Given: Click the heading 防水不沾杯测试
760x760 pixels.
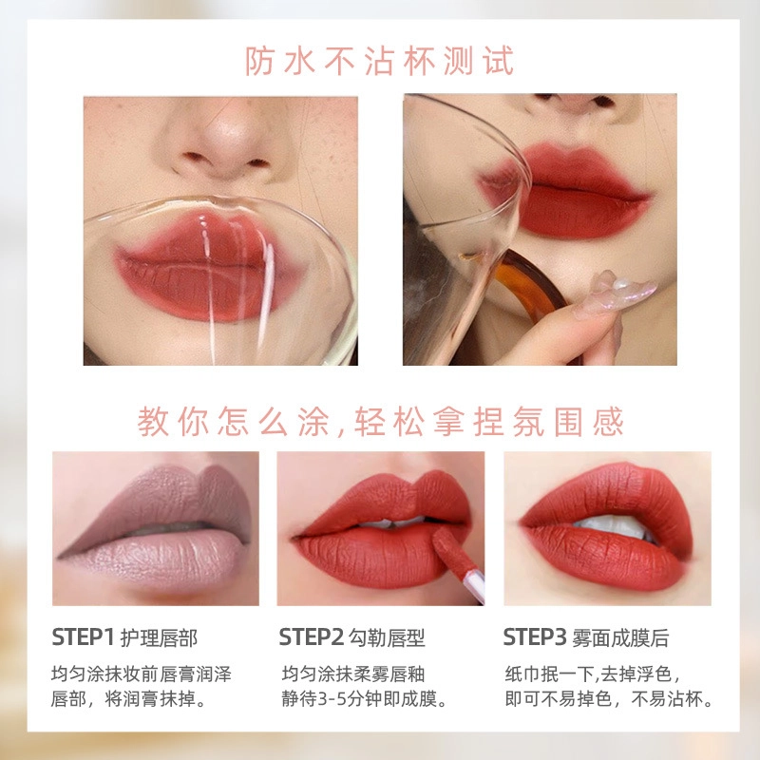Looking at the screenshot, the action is click(379, 61).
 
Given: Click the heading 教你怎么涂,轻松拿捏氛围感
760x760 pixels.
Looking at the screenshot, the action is click(380, 422).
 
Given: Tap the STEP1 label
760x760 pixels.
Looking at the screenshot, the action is click(83, 636).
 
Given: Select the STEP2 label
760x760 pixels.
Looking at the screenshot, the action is click(312, 636).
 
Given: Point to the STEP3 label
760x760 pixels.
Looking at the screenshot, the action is click(535, 636).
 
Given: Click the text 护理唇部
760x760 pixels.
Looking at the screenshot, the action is click(159, 637).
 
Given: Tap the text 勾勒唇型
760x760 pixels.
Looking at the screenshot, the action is click(387, 637).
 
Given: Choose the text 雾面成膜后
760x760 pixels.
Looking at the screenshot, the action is click(620, 637).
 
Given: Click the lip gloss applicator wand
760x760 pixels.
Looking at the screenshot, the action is click(458, 564).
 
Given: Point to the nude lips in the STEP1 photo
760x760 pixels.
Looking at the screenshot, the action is click(156, 526).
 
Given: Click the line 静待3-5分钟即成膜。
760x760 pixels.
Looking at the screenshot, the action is click(365, 699).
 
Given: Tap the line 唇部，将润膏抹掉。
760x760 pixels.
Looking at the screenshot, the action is click(130, 699).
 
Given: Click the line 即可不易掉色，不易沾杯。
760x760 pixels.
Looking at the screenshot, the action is click(609, 699).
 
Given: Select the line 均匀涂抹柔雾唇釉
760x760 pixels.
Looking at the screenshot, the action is click(353, 674).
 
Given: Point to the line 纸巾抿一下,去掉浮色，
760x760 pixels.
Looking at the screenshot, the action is click(595, 674).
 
